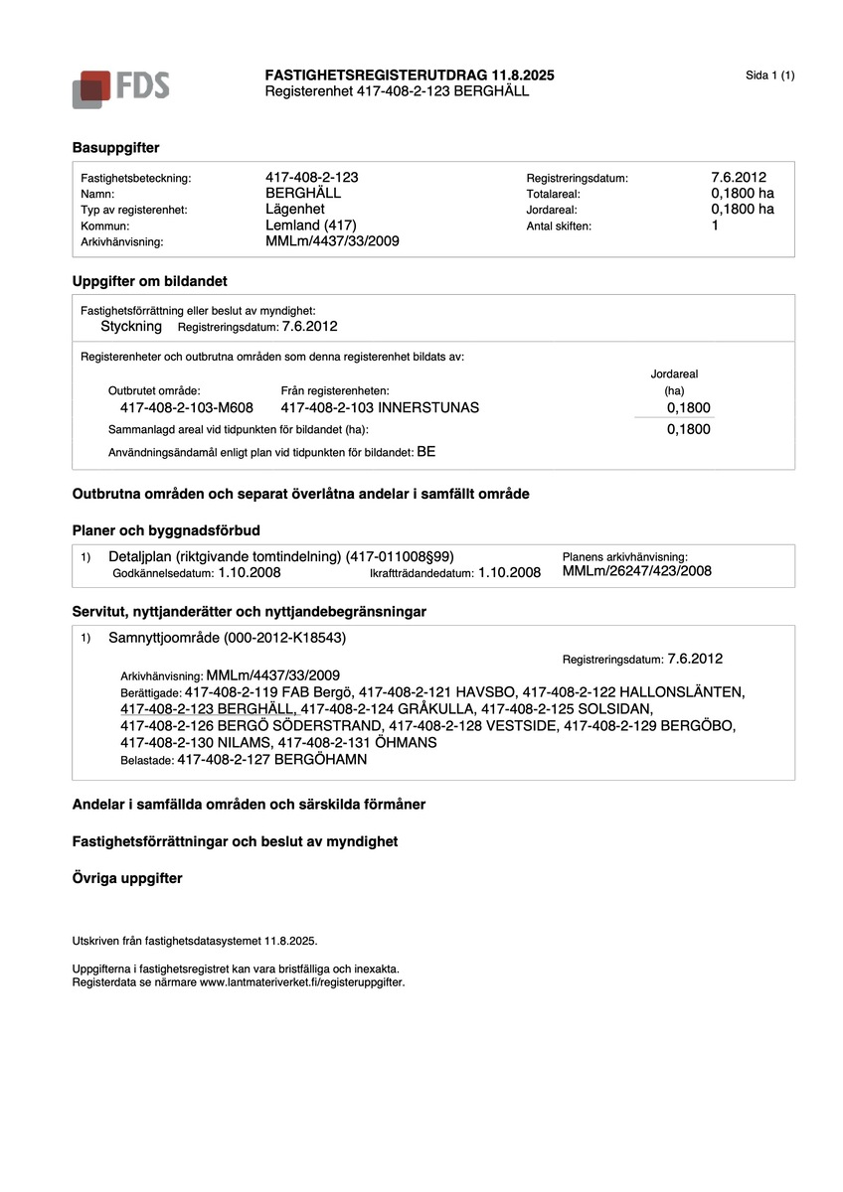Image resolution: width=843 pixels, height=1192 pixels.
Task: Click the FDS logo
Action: (120, 87)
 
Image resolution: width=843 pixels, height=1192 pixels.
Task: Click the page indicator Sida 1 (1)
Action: (769, 75)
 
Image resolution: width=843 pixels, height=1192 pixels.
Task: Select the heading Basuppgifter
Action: (115, 147)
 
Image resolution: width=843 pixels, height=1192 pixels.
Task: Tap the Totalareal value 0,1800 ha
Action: (736, 193)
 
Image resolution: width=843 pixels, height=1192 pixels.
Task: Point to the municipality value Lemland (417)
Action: (311, 224)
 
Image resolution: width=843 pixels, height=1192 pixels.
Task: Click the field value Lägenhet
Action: (295, 209)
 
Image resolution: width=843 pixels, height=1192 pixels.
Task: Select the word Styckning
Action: (131, 326)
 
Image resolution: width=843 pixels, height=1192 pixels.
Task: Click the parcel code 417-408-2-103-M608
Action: (187, 407)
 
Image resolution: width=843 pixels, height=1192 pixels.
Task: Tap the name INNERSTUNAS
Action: (428, 407)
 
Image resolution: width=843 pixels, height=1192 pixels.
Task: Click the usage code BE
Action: (425, 451)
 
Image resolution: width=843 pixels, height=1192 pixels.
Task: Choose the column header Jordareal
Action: (674, 373)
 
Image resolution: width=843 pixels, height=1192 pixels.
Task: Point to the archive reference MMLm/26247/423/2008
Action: (636, 571)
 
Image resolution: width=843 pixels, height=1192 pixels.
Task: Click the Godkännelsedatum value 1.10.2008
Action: (250, 573)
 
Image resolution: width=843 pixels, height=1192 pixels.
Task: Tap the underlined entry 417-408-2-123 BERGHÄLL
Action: (208, 708)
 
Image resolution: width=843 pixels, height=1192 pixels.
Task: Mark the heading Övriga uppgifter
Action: (127, 878)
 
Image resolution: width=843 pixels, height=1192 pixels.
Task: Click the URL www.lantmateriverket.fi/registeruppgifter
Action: (302, 981)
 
